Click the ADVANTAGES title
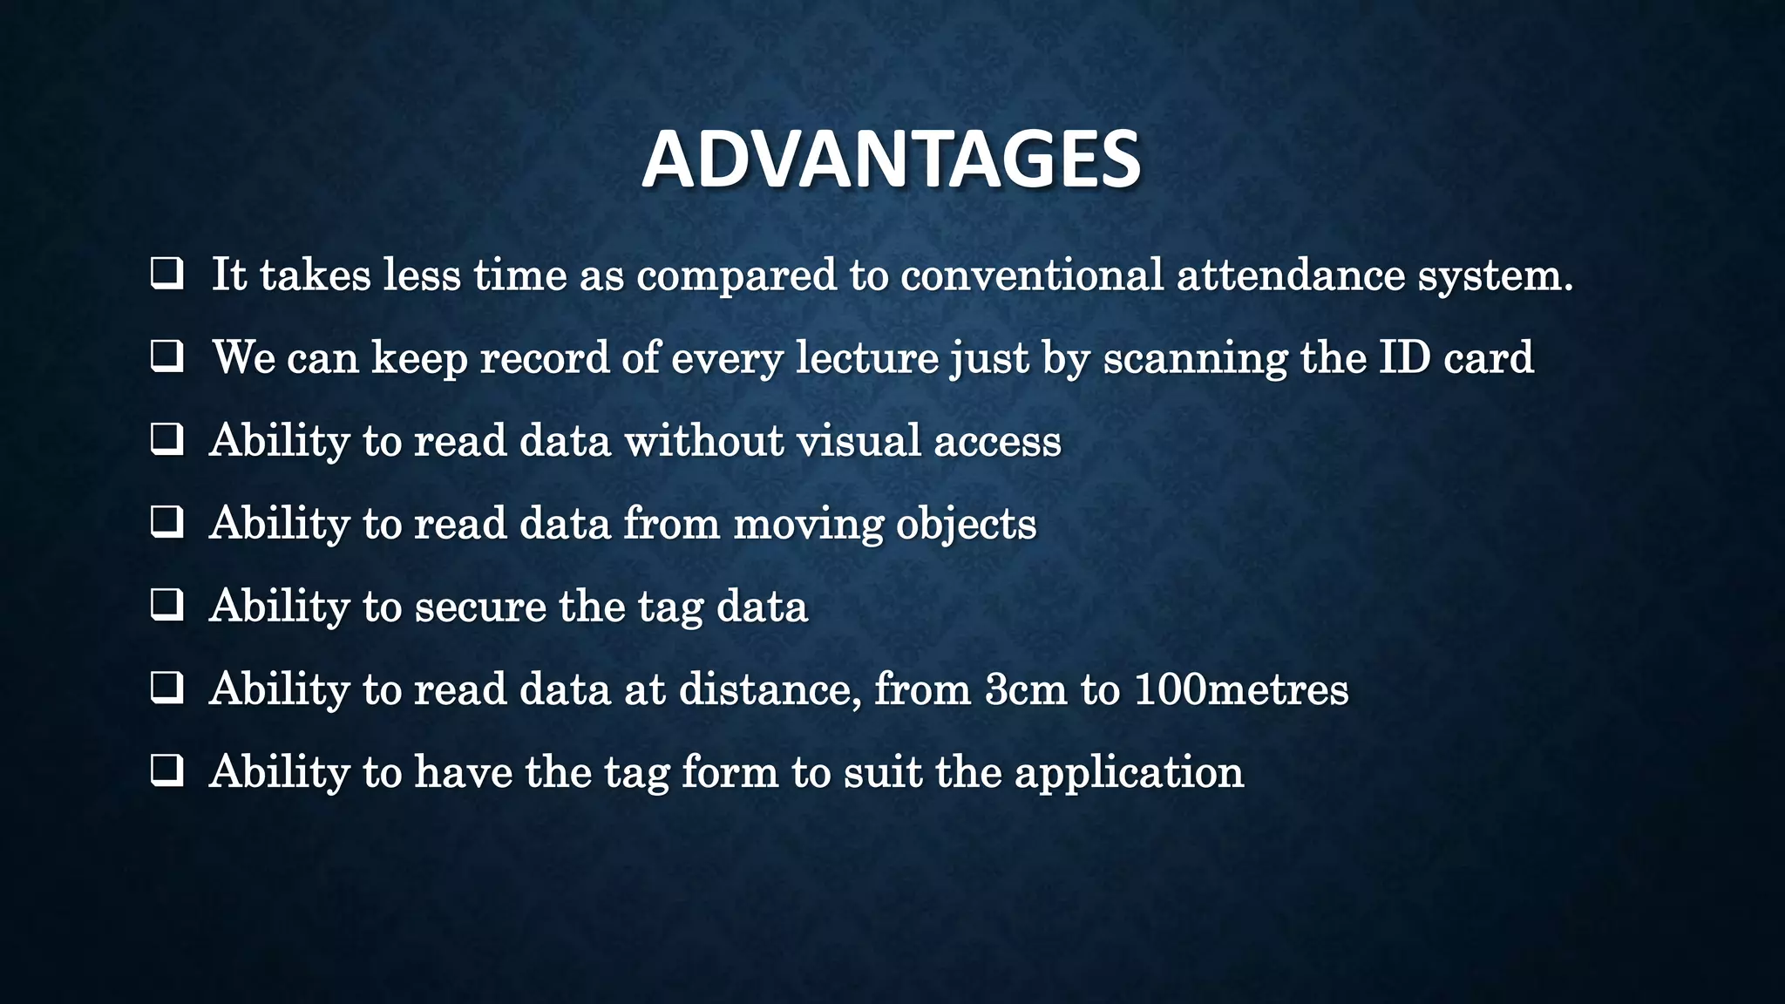891,159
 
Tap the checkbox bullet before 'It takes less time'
166,275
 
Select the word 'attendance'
1290,275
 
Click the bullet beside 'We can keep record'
166,357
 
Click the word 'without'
704,440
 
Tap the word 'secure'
480,607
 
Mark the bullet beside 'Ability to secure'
166,606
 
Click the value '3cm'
1026,689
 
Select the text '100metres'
1241,689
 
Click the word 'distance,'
770,689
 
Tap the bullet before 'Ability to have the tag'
166,771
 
